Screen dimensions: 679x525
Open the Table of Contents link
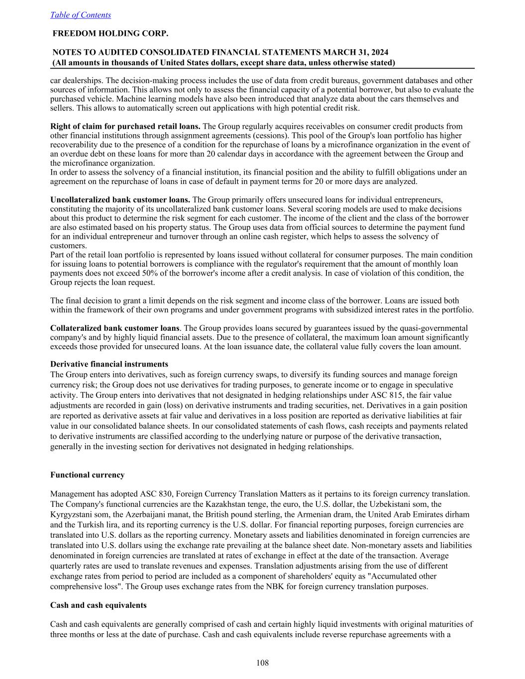point(81,15)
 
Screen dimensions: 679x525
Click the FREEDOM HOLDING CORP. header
point(110,33)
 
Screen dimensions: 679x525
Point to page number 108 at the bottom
point(262,663)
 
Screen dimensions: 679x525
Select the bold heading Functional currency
point(88,475)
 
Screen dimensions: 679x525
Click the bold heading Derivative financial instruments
point(109,364)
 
